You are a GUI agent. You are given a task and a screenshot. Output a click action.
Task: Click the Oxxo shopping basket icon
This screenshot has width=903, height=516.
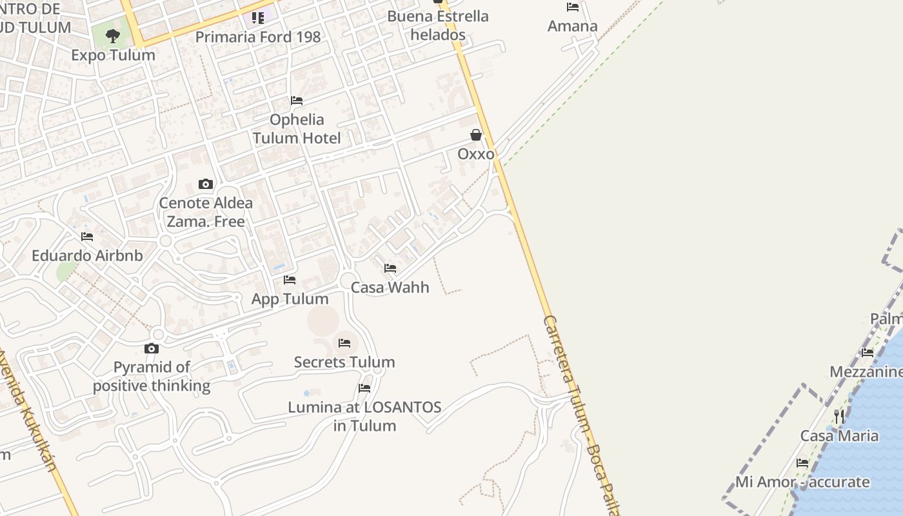[476, 135]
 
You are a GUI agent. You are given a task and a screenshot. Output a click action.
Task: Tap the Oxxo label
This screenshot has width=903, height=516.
[476, 154]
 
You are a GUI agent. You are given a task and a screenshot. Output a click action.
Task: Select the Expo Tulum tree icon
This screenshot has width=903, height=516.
[113, 36]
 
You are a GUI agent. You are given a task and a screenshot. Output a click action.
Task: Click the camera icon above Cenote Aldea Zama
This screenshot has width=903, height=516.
[206, 184]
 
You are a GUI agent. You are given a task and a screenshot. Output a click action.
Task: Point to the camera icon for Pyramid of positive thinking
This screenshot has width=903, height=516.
[152, 349]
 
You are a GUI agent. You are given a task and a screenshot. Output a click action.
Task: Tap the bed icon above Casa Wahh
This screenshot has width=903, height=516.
[390, 268]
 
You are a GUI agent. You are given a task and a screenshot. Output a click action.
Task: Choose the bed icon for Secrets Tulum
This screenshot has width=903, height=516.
[344, 343]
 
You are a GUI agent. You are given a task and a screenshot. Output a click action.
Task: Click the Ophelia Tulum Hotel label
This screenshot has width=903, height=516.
[297, 128]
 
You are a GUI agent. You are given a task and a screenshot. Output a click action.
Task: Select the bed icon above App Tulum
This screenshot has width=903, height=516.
[290, 280]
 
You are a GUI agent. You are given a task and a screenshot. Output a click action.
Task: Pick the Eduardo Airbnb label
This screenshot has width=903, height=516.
[87, 255]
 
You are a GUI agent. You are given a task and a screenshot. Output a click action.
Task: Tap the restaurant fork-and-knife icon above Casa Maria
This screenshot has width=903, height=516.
[838, 416]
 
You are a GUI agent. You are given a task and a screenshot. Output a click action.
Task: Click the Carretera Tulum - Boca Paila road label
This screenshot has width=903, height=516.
[580, 413]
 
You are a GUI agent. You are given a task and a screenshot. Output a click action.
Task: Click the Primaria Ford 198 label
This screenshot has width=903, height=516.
[258, 37]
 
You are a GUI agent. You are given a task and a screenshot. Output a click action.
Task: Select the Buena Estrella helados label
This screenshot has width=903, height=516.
[438, 25]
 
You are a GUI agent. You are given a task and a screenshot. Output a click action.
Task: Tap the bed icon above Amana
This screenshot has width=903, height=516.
[573, 7]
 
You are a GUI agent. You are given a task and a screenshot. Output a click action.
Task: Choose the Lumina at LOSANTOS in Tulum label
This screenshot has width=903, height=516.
[364, 417]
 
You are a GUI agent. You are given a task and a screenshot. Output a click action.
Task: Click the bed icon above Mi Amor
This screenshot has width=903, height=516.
[802, 463]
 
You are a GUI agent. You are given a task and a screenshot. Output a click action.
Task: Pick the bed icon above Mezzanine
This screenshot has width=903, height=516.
[868, 353]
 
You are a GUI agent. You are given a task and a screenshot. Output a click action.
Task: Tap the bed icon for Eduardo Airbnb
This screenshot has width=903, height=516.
[87, 237]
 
